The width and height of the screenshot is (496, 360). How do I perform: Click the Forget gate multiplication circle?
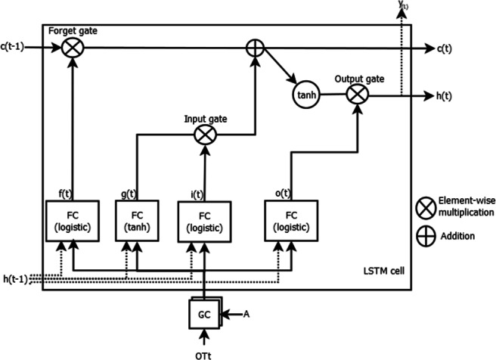click(x=73, y=48)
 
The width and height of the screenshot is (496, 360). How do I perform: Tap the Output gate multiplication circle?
click(x=355, y=94)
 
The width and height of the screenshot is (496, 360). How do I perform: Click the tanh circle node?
click(x=305, y=95)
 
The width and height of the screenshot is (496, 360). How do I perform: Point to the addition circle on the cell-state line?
click(x=253, y=48)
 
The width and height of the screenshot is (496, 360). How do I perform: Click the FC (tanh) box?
click(x=136, y=221)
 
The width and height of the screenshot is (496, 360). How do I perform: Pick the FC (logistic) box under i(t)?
click(x=206, y=222)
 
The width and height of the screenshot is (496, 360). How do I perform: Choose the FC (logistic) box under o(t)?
click(x=290, y=221)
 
